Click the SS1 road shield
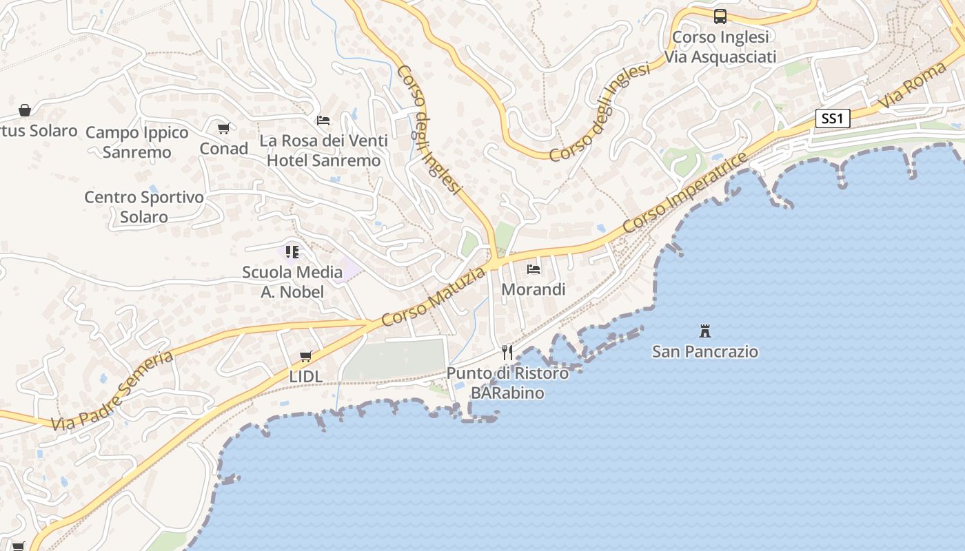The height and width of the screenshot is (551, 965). coord(833,118)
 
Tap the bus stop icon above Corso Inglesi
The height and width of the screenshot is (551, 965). coord(720,16)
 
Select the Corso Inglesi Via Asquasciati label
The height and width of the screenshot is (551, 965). coord(720,47)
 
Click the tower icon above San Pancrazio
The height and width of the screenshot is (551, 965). coord(704,331)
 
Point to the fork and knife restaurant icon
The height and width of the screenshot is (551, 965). coord(507,353)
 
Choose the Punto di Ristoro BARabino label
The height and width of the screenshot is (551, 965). coord(507,383)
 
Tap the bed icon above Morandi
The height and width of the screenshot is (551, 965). coord(534,269)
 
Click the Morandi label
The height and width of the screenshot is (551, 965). coord(534,289)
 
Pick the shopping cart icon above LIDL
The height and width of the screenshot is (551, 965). coord(306,356)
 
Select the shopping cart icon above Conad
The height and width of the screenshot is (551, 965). coord(223,128)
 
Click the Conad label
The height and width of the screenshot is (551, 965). coord(224,149)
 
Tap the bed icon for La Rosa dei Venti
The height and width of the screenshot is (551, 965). coord(323,121)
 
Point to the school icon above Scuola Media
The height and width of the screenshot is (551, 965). coord(292,252)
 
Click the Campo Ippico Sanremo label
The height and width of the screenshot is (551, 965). coord(137,142)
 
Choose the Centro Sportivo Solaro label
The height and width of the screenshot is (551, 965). coord(144,207)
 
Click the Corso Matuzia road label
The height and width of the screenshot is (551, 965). coord(433,298)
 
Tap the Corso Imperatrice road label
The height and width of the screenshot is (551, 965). coord(685,192)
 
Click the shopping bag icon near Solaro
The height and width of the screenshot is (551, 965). coord(25,110)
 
